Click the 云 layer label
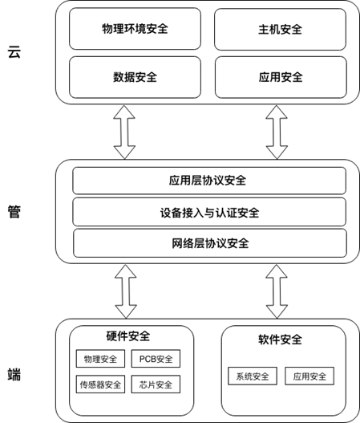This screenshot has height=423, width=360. coord(14,52)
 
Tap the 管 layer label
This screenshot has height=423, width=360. coord(14,211)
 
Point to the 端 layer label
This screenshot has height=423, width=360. coord(14,374)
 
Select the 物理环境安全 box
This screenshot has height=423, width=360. coord(135,29)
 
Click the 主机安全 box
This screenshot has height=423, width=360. coord(281,29)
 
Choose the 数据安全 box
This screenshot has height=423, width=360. coord(135,77)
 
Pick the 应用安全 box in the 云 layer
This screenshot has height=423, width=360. coord(281,77)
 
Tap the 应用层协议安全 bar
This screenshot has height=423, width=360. coord(209,181)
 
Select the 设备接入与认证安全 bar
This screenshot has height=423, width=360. coord(209,213)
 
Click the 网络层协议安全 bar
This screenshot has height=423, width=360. coord(210,243)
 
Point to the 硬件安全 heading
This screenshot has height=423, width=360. coord(128,336)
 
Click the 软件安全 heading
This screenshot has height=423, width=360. coord(281,340)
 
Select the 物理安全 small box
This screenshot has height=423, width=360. coord(100,359)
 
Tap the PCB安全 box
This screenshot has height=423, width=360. coord(156,359)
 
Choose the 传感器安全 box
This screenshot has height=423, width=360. coord(100,384)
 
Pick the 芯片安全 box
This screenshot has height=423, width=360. coord(156,384)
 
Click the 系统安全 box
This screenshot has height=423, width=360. coord(253,376)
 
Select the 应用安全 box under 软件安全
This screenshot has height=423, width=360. coord(309,376)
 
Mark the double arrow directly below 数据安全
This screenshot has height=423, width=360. coord(124,132)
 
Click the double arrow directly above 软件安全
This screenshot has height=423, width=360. coord(277,291)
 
